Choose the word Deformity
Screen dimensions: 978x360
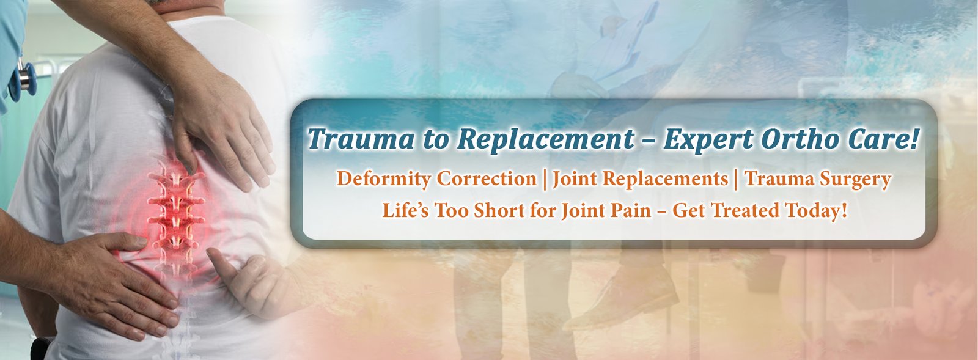(x=384, y=179)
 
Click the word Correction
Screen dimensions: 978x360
(x=487, y=178)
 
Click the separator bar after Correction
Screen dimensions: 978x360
(x=545, y=179)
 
